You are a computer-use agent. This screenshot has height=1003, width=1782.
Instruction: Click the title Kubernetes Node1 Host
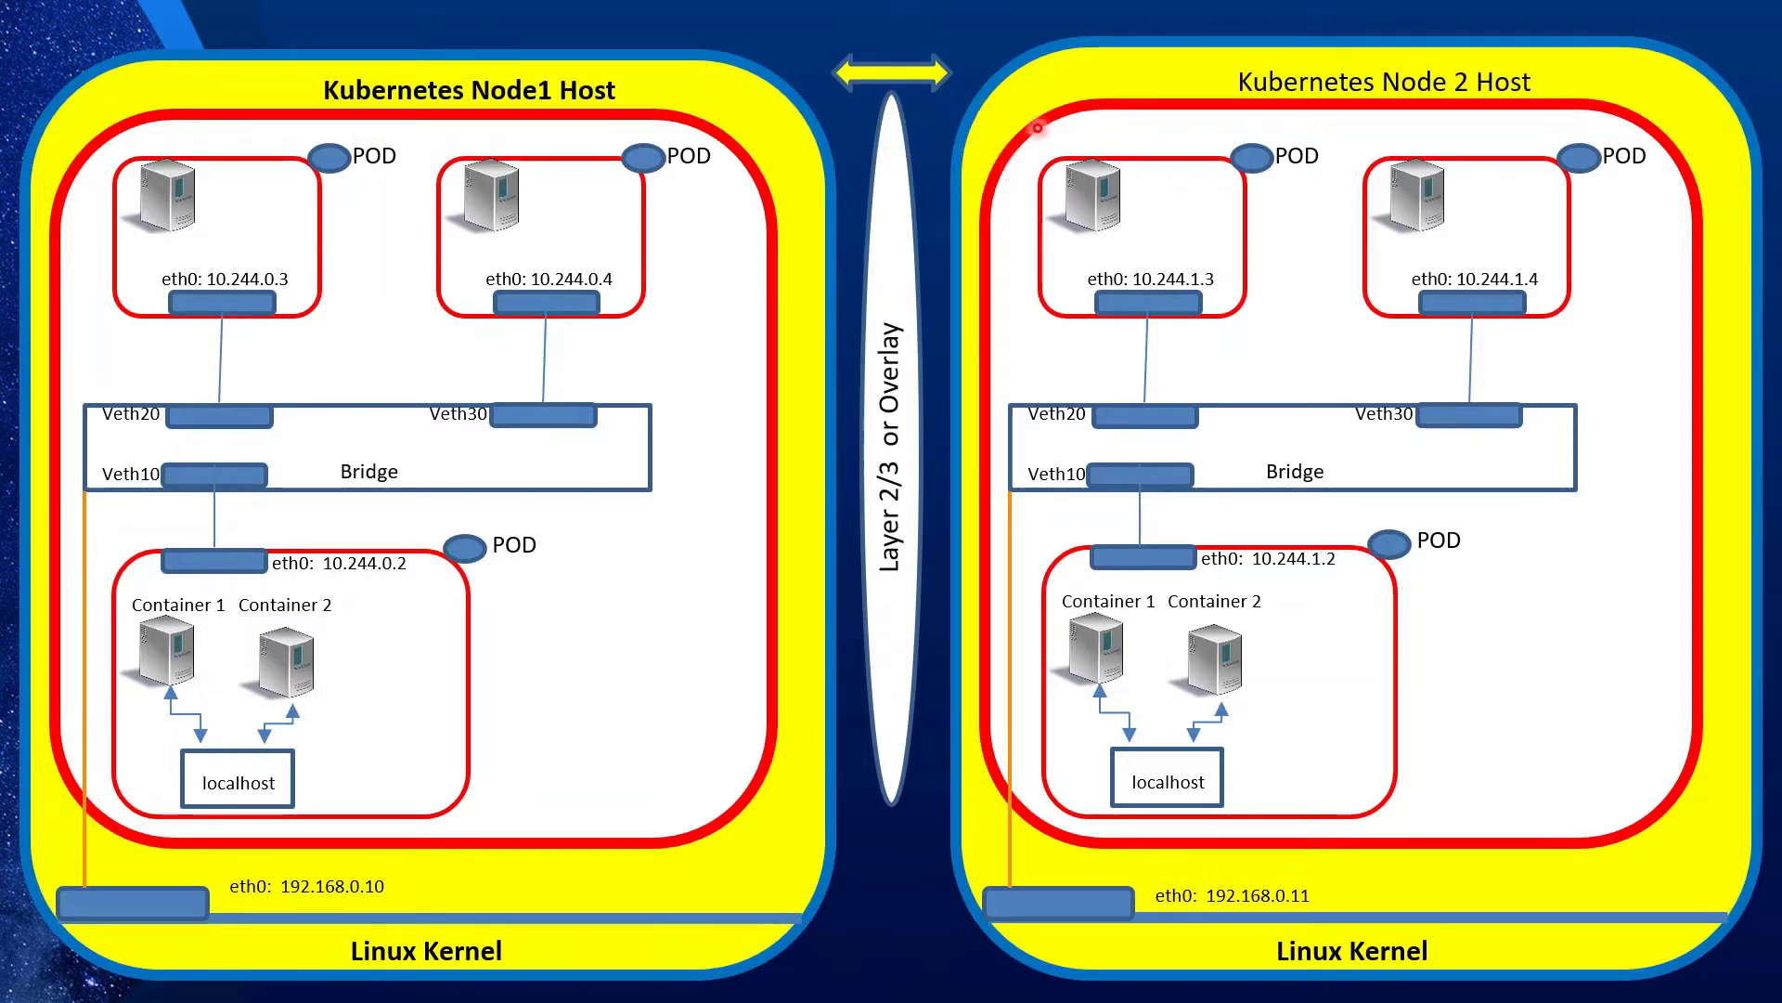pos(469,90)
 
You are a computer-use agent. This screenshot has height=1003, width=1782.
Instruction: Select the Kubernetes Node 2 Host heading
pos(1383,82)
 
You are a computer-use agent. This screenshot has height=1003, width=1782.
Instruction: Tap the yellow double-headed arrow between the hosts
pos(891,72)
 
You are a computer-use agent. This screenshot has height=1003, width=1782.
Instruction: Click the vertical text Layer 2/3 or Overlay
pos(890,447)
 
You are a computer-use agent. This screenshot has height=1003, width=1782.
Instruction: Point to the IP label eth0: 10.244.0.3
pos(225,279)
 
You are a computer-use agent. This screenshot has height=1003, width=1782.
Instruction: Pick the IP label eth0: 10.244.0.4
pos(549,279)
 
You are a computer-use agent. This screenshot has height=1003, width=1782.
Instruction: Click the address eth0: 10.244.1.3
pos(1150,279)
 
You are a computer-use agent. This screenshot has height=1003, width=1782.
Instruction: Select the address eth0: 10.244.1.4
pos(1474,279)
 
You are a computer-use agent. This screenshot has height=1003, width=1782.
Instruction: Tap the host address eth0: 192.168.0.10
pos(306,886)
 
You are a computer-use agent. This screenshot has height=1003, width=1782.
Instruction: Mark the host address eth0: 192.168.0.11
pos(1232,895)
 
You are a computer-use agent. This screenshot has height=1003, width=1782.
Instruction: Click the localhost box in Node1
pos(238,779)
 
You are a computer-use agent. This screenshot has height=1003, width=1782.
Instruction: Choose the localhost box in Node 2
pos(1167,778)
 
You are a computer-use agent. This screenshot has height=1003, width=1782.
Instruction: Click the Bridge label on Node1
pos(368,472)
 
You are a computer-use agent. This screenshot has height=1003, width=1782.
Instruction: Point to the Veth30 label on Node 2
pos(1383,414)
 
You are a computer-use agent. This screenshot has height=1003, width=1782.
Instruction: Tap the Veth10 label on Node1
pos(130,475)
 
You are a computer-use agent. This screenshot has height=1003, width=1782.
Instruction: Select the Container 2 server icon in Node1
pos(286,662)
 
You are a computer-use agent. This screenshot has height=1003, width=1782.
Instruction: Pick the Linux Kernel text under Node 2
pos(1351,951)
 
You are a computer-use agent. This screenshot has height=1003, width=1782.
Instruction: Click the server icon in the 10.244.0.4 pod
pos(491,195)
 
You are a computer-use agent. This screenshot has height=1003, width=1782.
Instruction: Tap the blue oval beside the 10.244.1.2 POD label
pos(1389,543)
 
